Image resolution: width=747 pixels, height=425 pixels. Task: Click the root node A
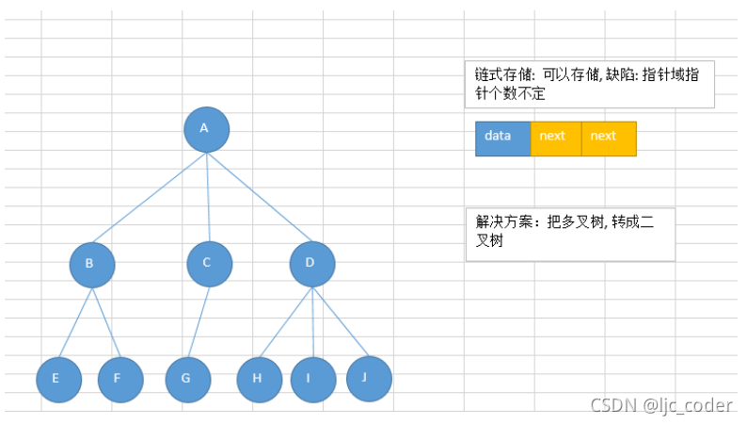(206, 129)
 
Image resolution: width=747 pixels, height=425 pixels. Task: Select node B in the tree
(91, 265)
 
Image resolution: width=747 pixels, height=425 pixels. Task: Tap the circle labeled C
(209, 264)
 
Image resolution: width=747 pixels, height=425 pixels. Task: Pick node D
(311, 264)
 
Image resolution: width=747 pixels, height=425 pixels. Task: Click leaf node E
(58, 380)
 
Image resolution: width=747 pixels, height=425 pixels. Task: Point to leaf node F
(119, 380)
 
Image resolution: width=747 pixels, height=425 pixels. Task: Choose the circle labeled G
(187, 380)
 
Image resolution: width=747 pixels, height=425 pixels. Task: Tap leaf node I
(312, 380)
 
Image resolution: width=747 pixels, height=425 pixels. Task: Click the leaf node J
(368, 377)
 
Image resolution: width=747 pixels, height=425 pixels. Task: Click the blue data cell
(502, 138)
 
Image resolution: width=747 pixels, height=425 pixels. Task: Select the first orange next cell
(555, 138)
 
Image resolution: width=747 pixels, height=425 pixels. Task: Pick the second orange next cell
(608, 138)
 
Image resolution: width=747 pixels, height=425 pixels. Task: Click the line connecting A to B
(149, 197)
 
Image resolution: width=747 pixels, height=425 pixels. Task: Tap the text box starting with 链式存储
(589, 85)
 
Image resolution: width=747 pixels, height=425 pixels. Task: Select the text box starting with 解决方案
(569, 234)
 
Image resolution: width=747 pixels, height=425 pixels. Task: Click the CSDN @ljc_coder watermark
(660, 405)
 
